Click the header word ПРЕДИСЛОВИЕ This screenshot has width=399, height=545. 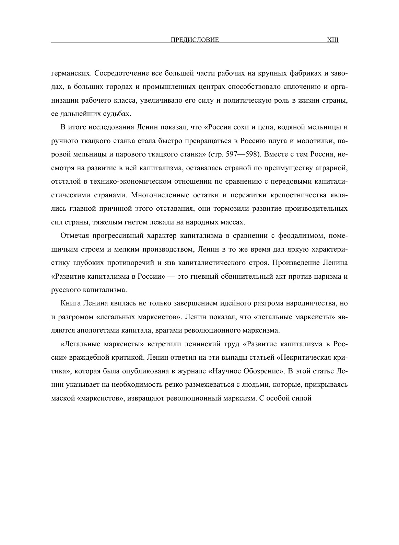click(195, 40)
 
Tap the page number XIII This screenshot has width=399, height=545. click(333, 40)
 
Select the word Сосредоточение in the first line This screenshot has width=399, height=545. click(117, 73)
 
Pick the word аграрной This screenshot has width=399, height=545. click(332, 168)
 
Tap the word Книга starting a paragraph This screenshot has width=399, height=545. click(69, 303)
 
